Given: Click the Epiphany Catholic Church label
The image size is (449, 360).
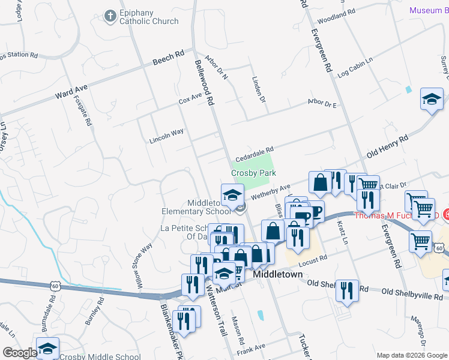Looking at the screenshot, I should coord(149,16).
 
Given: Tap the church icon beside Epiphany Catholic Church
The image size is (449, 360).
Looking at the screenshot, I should coord(110,16).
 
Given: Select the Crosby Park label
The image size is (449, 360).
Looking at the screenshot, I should coord(254,172).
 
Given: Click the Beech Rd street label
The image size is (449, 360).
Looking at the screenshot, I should coord(168,59).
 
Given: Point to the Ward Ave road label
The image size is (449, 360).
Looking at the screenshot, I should coord(71,91).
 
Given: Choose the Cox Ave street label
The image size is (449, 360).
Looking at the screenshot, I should coord(191,99).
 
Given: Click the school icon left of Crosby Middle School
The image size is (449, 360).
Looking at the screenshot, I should coord(47,348).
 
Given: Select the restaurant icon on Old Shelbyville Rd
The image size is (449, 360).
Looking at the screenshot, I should coord(347,291).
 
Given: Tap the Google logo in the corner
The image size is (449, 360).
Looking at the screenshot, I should coord(19,353).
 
